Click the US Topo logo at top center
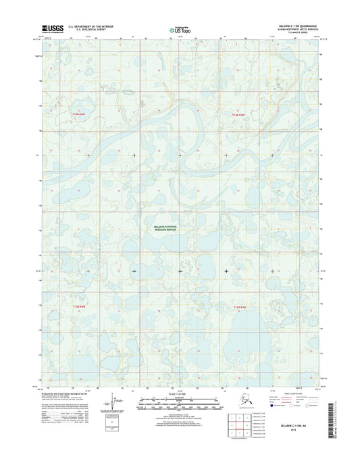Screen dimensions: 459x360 (180, 30)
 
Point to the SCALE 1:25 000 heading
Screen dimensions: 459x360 (180, 393)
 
